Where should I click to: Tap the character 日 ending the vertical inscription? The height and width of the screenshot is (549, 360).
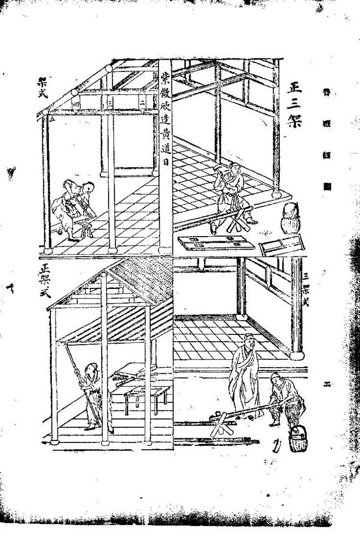[165, 163]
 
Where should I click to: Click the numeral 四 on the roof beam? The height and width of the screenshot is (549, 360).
[75, 103]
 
